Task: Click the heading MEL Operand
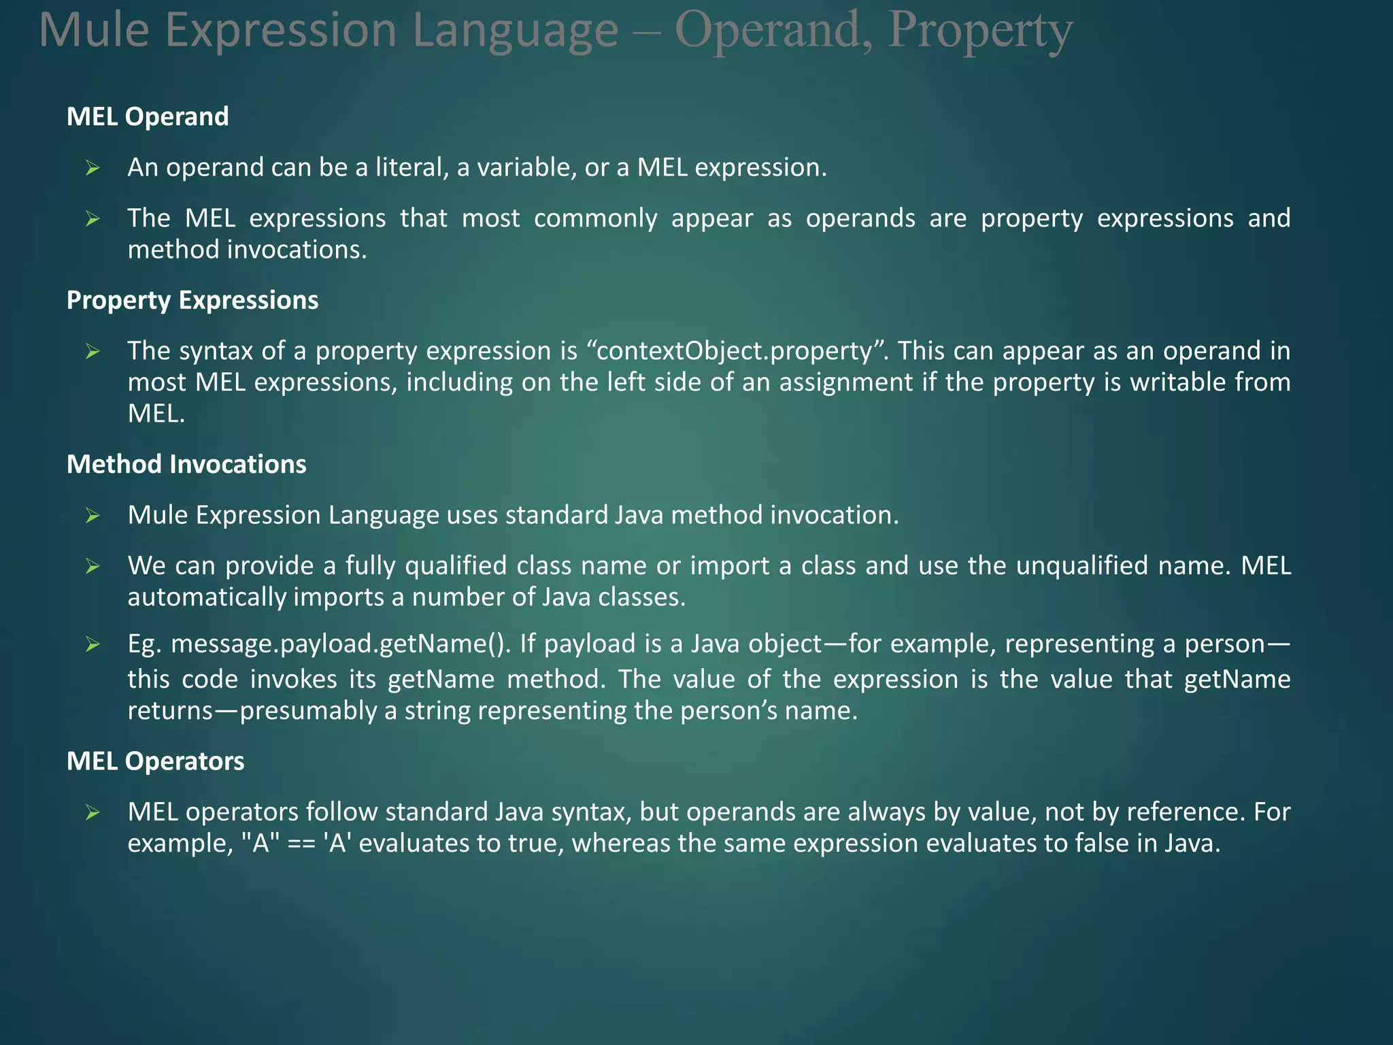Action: [x=148, y=116]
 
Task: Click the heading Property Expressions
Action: [x=192, y=300]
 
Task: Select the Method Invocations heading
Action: [x=186, y=464]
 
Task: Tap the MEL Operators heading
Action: [x=155, y=761]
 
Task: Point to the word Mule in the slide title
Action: [x=94, y=31]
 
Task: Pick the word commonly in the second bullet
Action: [x=595, y=218]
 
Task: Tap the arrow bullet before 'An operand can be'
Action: [x=93, y=168]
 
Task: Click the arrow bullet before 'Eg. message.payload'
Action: [x=93, y=644]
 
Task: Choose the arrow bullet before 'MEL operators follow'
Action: [x=93, y=812]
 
